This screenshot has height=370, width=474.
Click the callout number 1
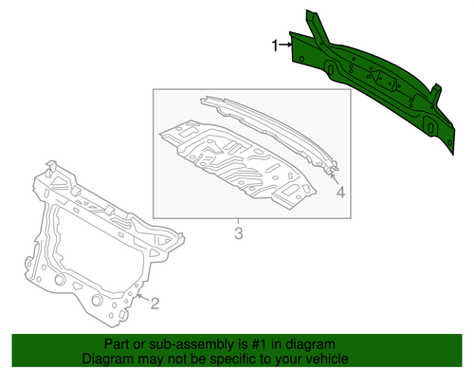click(276, 45)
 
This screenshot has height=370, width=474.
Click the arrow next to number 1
click(287, 45)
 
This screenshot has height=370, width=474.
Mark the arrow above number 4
click(336, 177)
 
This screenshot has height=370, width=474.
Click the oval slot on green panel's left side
click(329, 69)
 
